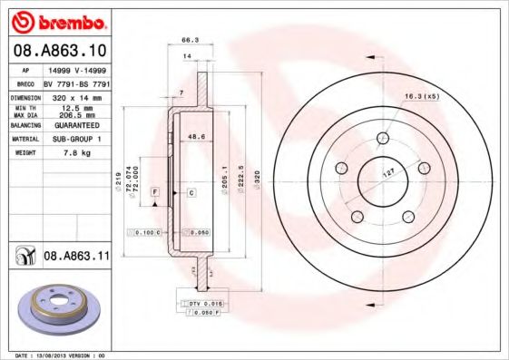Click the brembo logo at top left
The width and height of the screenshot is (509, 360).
click(56, 20)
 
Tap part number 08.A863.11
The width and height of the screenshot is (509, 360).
click(76, 258)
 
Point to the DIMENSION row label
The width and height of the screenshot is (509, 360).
click(24, 96)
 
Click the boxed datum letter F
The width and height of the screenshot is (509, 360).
click(155, 193)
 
